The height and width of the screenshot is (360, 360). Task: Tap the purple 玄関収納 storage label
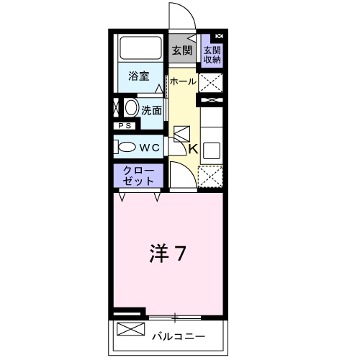pos(212,55)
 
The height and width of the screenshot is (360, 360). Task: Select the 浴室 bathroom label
pos(139,76)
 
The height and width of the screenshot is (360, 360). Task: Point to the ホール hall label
pos(182,82)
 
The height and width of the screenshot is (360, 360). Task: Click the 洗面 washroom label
pos(150,111)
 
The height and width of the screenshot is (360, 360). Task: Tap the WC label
pos(149,147)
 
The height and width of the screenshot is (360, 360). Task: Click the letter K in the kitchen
pos(194,149)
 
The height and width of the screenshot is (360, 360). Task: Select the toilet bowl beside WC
pos(126,146)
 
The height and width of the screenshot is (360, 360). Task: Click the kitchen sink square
pos(211,151)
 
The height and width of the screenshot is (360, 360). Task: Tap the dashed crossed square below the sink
pos(211,177)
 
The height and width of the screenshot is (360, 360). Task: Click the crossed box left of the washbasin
pos(115,109)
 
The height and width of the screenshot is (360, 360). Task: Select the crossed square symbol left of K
pos(181,135)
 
